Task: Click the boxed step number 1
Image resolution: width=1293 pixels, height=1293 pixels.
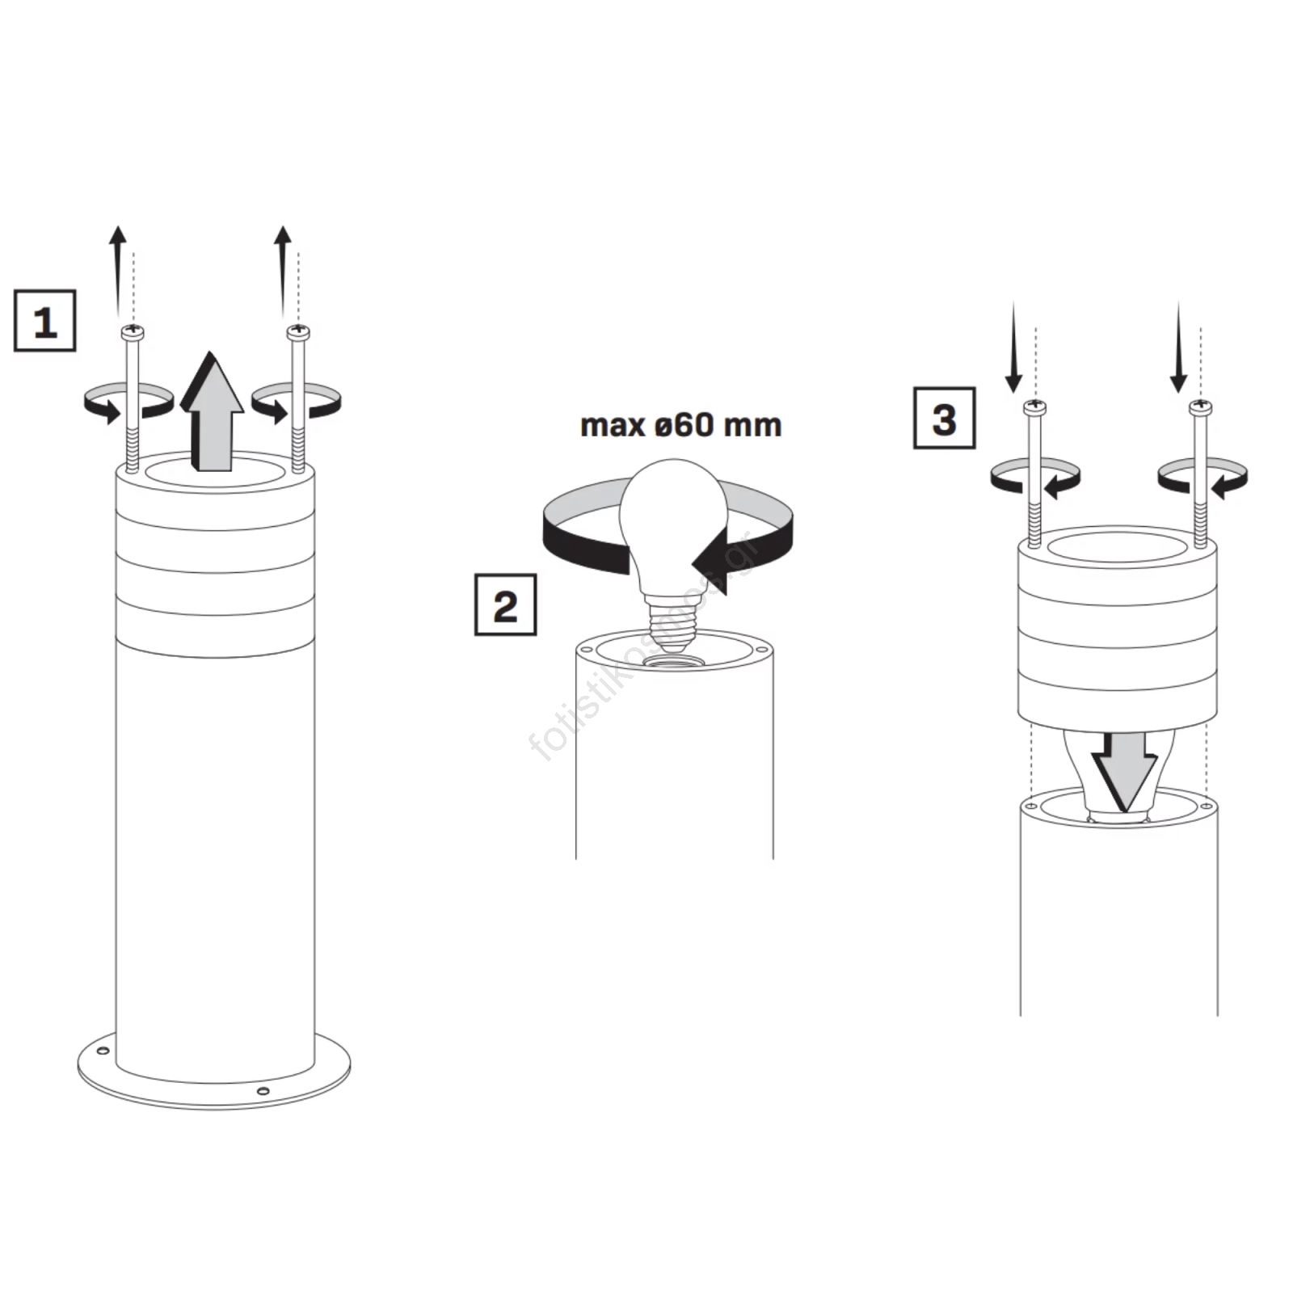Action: (45, 321)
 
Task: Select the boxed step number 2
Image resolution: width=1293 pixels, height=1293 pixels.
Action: (505, 604)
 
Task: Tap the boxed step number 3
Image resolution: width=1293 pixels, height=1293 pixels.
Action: (944, 418)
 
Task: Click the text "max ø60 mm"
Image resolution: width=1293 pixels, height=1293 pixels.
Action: (680, 425)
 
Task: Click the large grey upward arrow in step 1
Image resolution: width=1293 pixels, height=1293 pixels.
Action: (212, 411)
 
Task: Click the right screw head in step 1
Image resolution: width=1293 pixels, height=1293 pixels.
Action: (298, 331)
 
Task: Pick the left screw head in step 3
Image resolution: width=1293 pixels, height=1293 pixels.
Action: (1035, 407)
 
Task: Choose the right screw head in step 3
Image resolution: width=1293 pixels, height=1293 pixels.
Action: (1200, 408)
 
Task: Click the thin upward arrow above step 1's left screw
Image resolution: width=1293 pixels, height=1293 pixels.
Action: (118, 273)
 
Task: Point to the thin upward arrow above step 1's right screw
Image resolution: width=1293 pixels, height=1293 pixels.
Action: (282, 273)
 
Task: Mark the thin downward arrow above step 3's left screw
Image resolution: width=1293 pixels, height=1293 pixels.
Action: (1014, 348)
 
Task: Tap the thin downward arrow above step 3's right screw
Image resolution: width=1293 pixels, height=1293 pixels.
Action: (1178, 348)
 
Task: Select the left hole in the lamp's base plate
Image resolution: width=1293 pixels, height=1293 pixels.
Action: (103, 1051)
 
